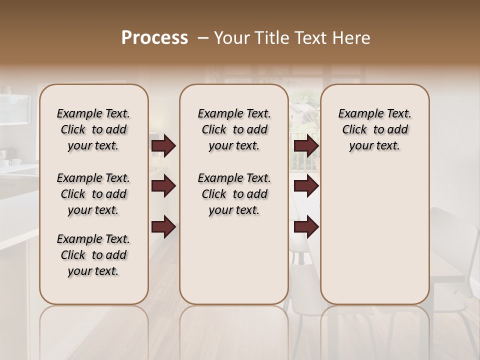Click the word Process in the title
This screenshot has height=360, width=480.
[154, 38]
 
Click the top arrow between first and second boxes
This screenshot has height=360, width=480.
[163, 146]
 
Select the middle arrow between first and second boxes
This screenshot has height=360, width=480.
[163, 186]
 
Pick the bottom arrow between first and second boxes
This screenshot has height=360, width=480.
[163, 227]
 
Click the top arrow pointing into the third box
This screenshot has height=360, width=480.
[306, 146]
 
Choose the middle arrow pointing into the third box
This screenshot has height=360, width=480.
[306, 186]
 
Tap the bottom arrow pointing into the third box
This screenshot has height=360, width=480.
[306, 227]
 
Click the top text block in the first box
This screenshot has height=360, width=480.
[93, 129]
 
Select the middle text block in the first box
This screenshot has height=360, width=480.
[93, 194]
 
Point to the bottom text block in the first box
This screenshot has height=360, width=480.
[93, 255]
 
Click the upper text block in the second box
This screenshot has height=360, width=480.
[234, 129]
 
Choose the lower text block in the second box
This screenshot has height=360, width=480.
[234, 194]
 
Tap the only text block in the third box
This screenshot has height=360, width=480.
[375, 129]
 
